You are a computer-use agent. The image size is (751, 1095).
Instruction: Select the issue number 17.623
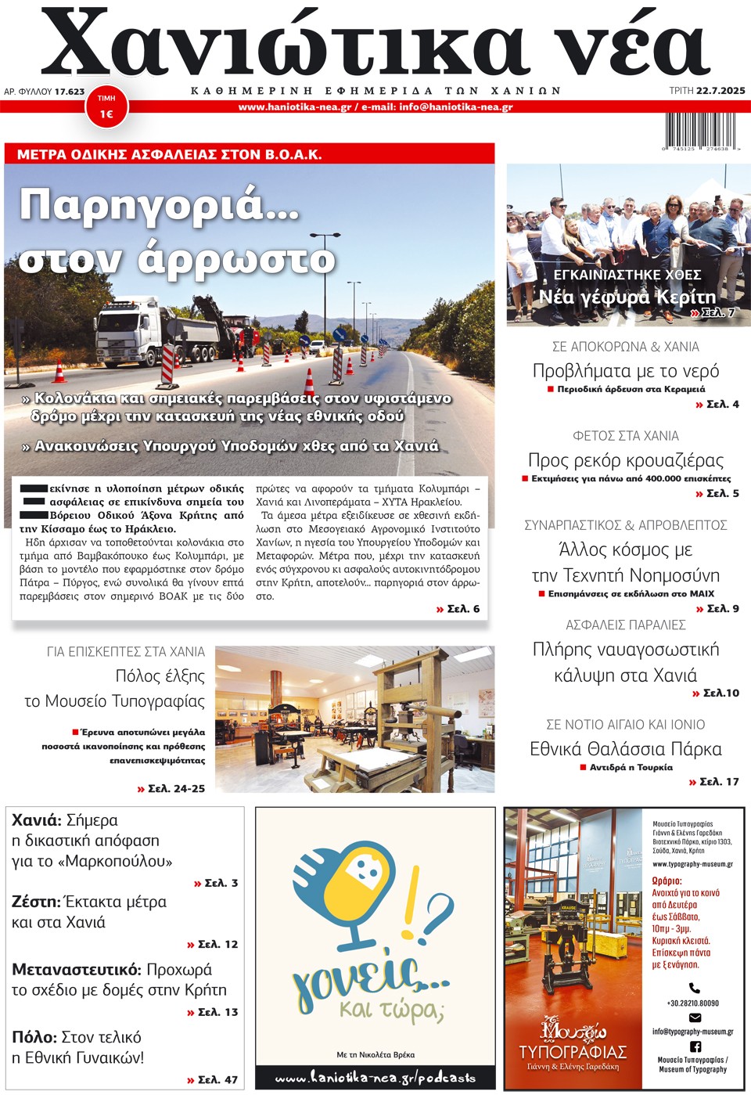point(70,92)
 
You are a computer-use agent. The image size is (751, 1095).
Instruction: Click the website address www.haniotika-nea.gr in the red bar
point(294,107)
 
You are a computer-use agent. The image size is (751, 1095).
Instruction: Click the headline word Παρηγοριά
point(160,205)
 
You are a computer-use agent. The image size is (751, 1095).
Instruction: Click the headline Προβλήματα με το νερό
point(626,370)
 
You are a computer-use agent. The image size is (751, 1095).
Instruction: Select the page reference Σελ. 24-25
point(171,788)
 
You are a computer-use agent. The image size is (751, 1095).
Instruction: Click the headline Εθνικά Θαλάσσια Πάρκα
point(626,749)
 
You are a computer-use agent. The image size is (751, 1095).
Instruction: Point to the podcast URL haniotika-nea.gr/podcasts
point(375,1078)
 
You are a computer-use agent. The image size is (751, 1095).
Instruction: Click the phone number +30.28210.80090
point(693,1003)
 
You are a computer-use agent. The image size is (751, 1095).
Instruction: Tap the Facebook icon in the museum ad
point(695,1046)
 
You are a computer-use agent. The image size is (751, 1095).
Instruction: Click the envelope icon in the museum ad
point(695,1018)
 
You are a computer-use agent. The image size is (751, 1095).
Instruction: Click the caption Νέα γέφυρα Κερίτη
point(627,297)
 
